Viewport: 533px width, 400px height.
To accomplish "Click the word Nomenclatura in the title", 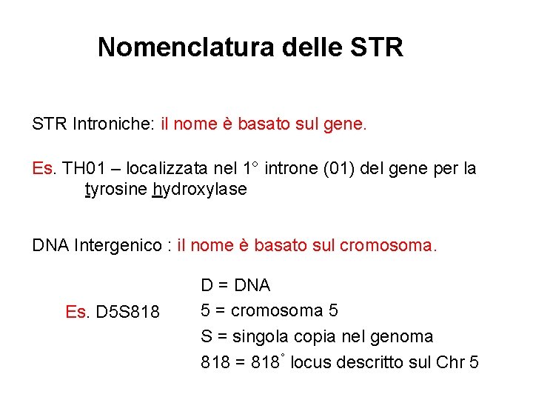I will click(x=185, y=47).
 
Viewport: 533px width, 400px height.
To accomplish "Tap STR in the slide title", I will click(x=377, y=47).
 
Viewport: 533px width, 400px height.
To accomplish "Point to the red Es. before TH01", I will click(x=44, y=169).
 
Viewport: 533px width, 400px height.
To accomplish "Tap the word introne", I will click(x=290, y=169).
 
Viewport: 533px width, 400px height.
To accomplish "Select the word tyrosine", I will click(x=115, y=190).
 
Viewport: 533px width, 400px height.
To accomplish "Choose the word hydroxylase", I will click(x=199, y=190).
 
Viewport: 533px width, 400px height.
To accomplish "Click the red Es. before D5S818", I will click(x=77, y=312).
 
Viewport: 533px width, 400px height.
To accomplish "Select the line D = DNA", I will click(x=235, y=285).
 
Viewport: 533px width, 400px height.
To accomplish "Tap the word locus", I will click(x=310, y=363).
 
